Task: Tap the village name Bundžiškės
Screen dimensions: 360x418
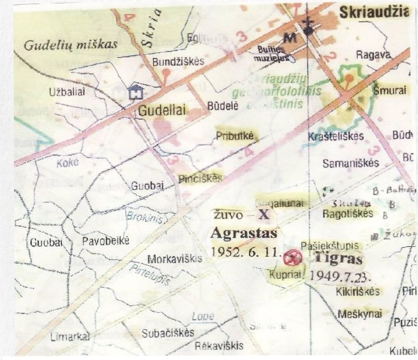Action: (178, 61)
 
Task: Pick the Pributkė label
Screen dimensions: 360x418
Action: (235, 135)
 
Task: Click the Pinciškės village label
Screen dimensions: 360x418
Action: (200, 178)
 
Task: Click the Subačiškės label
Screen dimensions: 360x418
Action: (168, 334)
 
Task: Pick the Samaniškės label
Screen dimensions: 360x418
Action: (351, 163)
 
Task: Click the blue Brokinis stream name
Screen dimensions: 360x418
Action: (143, 217)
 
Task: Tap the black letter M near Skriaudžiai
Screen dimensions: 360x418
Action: (289, 37)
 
